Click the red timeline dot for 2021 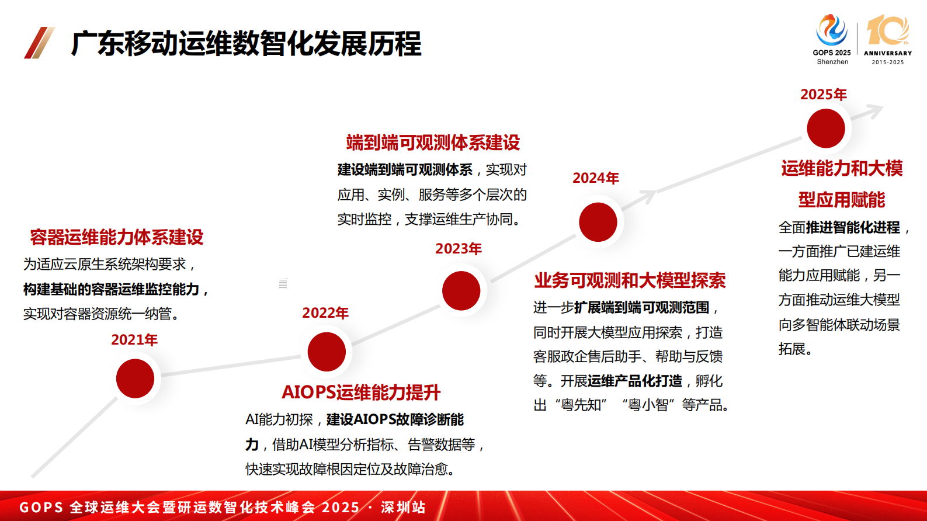click(135, 378)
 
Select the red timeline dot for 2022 click(327, 352)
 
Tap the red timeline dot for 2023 click(461, 290)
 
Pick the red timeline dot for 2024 click(598, 222)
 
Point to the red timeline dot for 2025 click(825, 128)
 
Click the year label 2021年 click(134, 340)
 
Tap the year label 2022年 click(325, 313)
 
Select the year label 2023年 click(459, 249)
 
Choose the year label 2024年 click(596, 178)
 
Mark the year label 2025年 click(824, 95)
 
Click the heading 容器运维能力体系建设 click(117, 237)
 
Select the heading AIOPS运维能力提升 click(361, 392)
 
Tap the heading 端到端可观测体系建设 click(433, 143)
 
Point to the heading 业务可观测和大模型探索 click(630, 280)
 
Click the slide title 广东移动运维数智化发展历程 click(246, 44)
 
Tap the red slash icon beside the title click(39, 43)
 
